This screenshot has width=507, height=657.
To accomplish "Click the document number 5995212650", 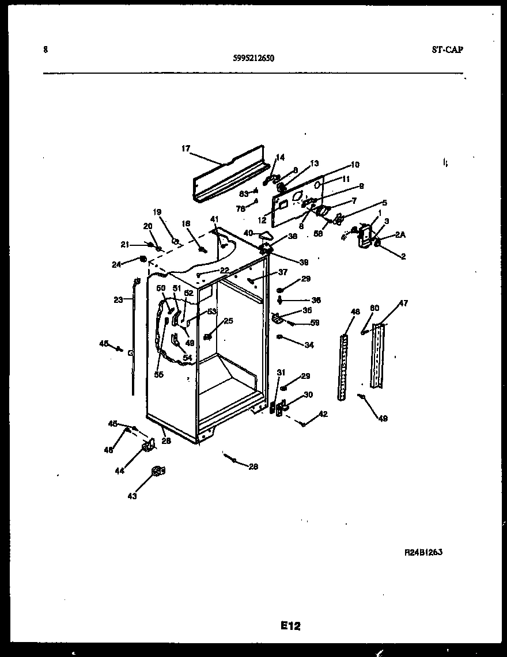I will point(253,58).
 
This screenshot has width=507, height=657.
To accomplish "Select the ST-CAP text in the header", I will point(447,50).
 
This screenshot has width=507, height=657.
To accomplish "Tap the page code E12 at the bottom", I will point(290,626).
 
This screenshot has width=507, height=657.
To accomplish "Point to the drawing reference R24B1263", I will point(423,552).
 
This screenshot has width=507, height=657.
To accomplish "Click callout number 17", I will point(186,148).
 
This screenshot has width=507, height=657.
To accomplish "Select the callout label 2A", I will point(400,234).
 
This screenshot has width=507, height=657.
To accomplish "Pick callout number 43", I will point(133,496).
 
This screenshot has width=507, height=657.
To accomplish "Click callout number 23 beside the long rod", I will point(118,299).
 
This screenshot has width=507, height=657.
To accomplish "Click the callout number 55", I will point(158,374).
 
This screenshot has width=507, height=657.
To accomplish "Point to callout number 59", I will point(315,323).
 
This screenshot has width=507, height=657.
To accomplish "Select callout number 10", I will point(355,165).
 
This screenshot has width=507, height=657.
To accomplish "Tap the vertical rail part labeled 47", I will point(378,356).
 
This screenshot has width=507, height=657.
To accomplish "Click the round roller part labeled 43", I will point(157,472).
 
